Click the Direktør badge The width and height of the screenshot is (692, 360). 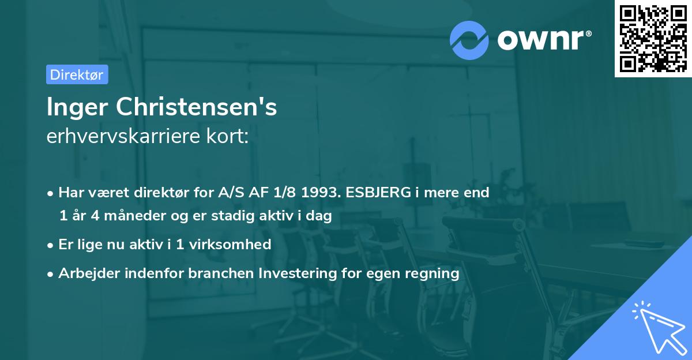pyautogui.click(x=77, y=74)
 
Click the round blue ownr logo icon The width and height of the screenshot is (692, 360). pyautogui.click(x=469, y=40)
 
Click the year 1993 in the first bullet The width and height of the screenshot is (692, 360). pyautogui.click(x=319, y=192)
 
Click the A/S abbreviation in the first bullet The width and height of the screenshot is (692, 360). pyautogui.click(x=223, y=192)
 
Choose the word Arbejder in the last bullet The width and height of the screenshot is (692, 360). pyautogui.click(x=85, y=273)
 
